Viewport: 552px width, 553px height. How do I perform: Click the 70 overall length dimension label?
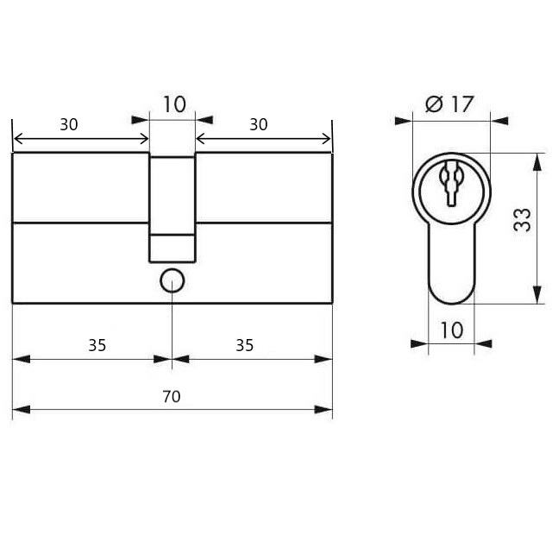click(172, 397)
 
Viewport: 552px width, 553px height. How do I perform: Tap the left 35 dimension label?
click(97, 345)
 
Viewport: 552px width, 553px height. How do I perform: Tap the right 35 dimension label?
click(245, 345)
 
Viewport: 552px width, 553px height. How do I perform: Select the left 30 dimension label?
click(69, 124)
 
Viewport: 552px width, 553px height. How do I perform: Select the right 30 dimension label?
click(259, 124)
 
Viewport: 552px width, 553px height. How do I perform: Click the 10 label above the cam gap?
click(174, 104)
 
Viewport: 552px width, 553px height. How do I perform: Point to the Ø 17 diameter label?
click(449, 104)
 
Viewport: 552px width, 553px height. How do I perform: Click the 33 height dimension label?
click(523, 220)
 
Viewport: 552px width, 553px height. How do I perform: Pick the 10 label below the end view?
click(452, 330)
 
